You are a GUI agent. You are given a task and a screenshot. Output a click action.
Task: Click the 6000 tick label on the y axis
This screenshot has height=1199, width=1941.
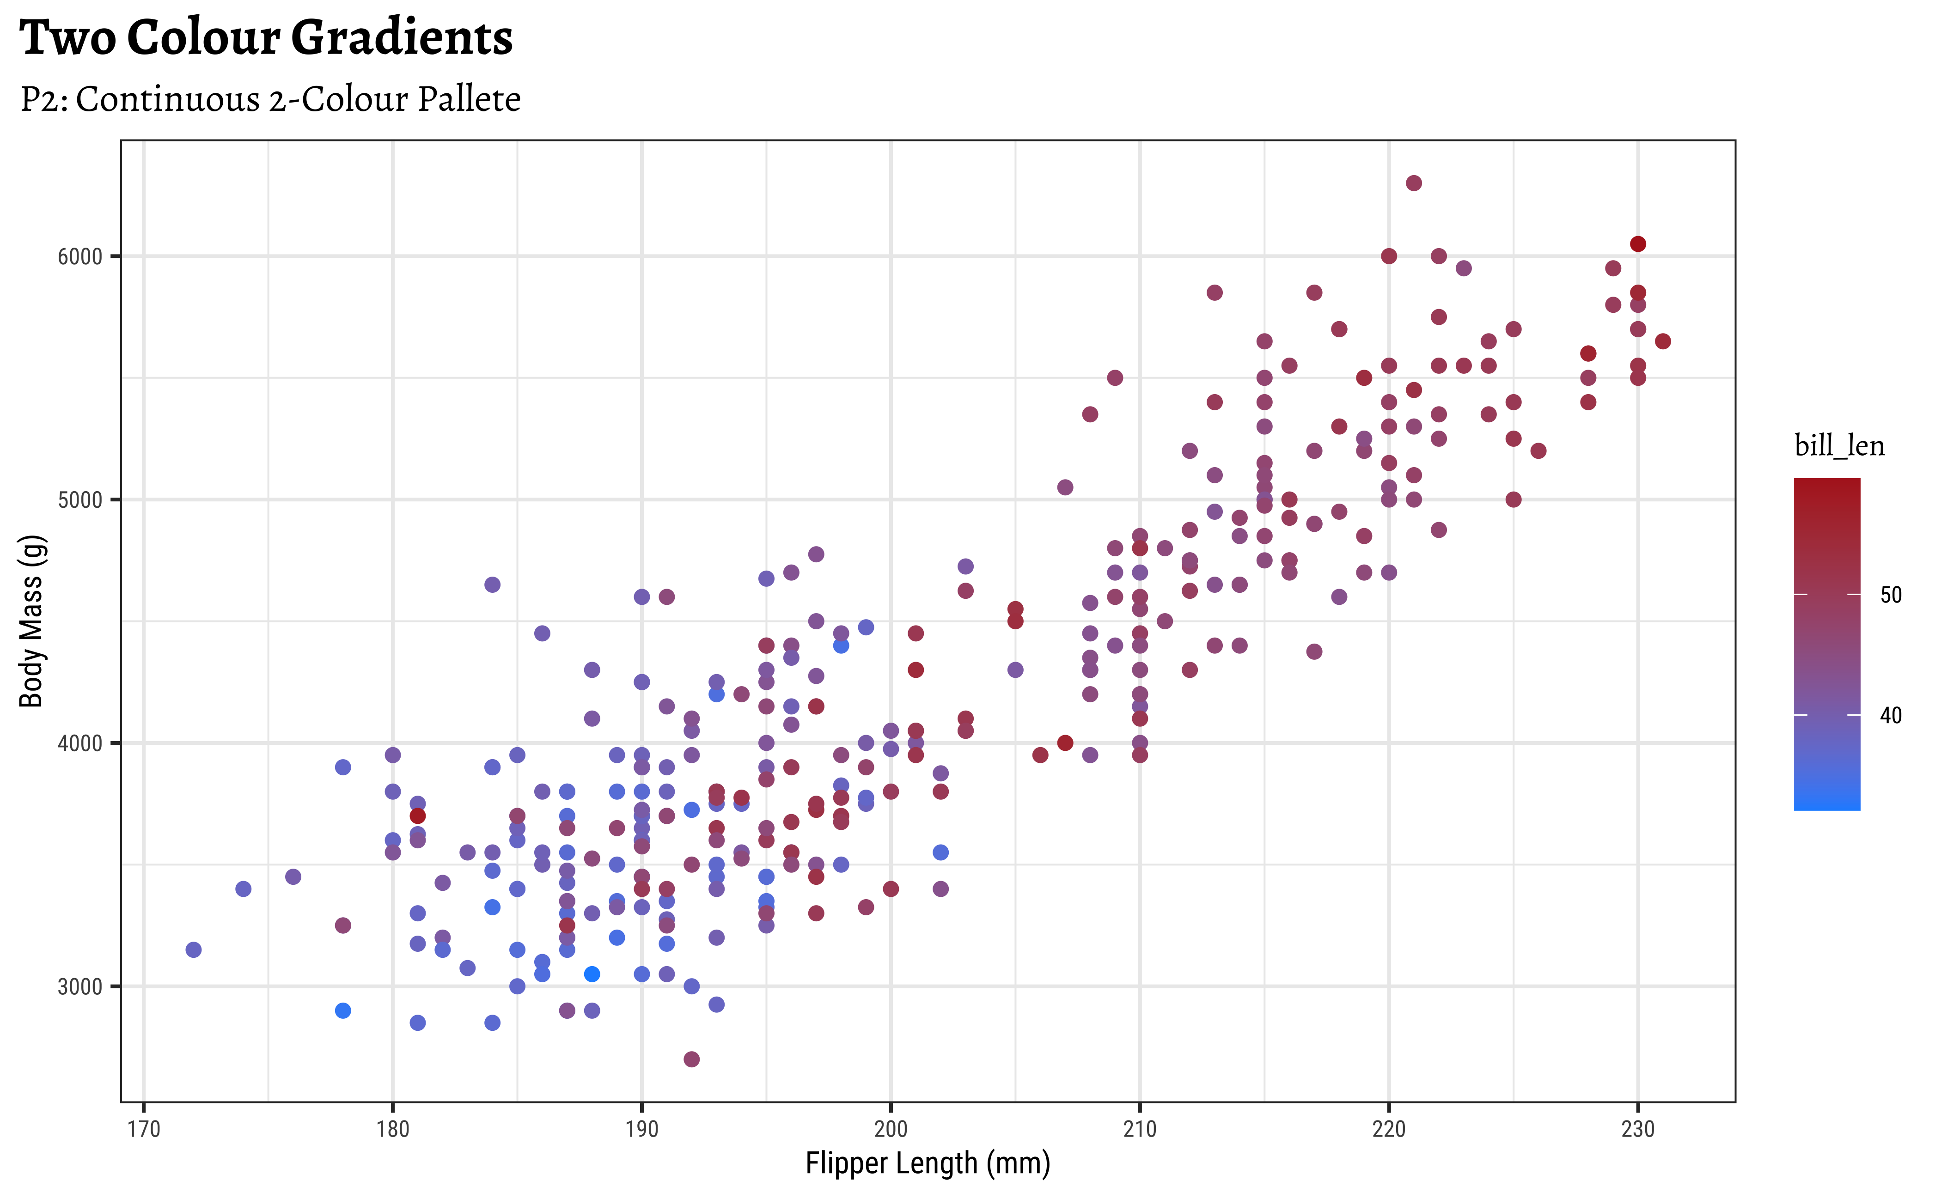80,257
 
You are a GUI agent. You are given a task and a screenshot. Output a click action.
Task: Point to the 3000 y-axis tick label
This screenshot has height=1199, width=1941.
80,987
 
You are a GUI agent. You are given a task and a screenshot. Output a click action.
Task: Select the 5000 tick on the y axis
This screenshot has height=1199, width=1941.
80,500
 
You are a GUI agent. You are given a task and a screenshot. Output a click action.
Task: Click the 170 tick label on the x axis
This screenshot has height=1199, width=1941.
144,1129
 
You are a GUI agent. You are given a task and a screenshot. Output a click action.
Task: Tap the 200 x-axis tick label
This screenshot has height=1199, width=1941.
891,1129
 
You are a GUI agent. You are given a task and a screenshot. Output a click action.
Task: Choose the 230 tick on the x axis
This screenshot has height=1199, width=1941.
1637,1129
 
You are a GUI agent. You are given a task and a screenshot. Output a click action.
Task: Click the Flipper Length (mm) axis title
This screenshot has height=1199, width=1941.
927,1163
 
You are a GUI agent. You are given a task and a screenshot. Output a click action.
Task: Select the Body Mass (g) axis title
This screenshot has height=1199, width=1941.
32,621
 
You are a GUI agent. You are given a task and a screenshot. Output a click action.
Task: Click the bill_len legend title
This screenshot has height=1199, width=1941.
1839,446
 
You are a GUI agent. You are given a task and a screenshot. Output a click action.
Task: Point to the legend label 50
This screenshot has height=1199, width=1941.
1891,595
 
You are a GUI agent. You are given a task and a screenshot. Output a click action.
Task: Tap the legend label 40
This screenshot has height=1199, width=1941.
1891,715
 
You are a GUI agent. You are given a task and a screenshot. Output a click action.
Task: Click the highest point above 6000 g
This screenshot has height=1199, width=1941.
1414,183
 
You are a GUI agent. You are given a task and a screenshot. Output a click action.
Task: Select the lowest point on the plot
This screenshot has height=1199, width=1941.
692,1059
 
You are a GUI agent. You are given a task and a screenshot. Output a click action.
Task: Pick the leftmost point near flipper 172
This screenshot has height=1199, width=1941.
194,950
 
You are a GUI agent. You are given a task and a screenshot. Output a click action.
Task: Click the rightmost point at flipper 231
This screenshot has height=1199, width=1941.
1663,342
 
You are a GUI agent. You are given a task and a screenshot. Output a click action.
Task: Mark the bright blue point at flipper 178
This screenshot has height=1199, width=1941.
342,1010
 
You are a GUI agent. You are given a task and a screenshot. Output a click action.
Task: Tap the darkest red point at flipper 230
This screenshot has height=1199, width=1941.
1638,244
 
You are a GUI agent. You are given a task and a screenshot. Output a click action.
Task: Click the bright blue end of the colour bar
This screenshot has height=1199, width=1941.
1827,803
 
